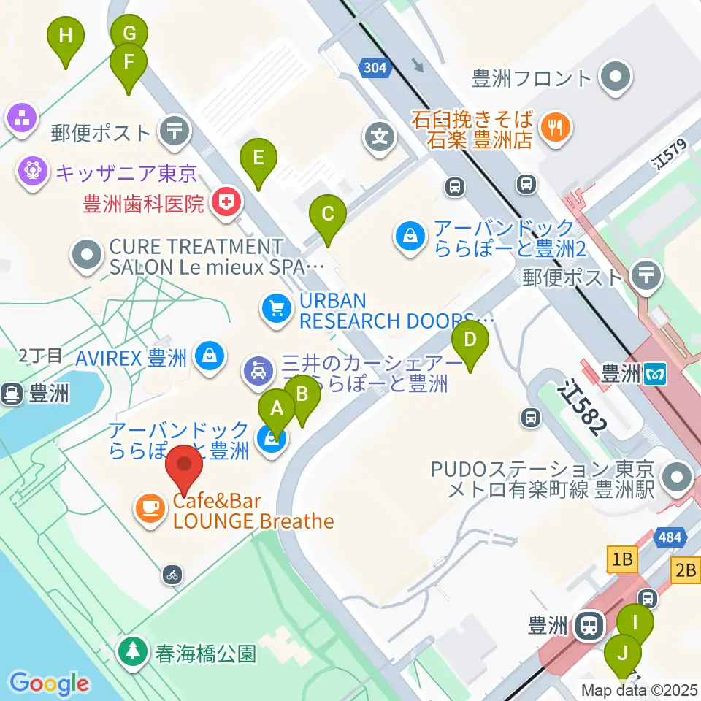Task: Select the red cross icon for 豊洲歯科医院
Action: coord(226,203)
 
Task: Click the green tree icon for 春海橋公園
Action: coord(134,651)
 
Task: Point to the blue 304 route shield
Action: coord(375,69)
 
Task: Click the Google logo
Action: coord(50,683)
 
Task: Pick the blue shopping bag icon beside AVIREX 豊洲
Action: coord(210,357)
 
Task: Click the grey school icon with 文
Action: coord(380,137)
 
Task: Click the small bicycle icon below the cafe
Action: coord(172,575)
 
